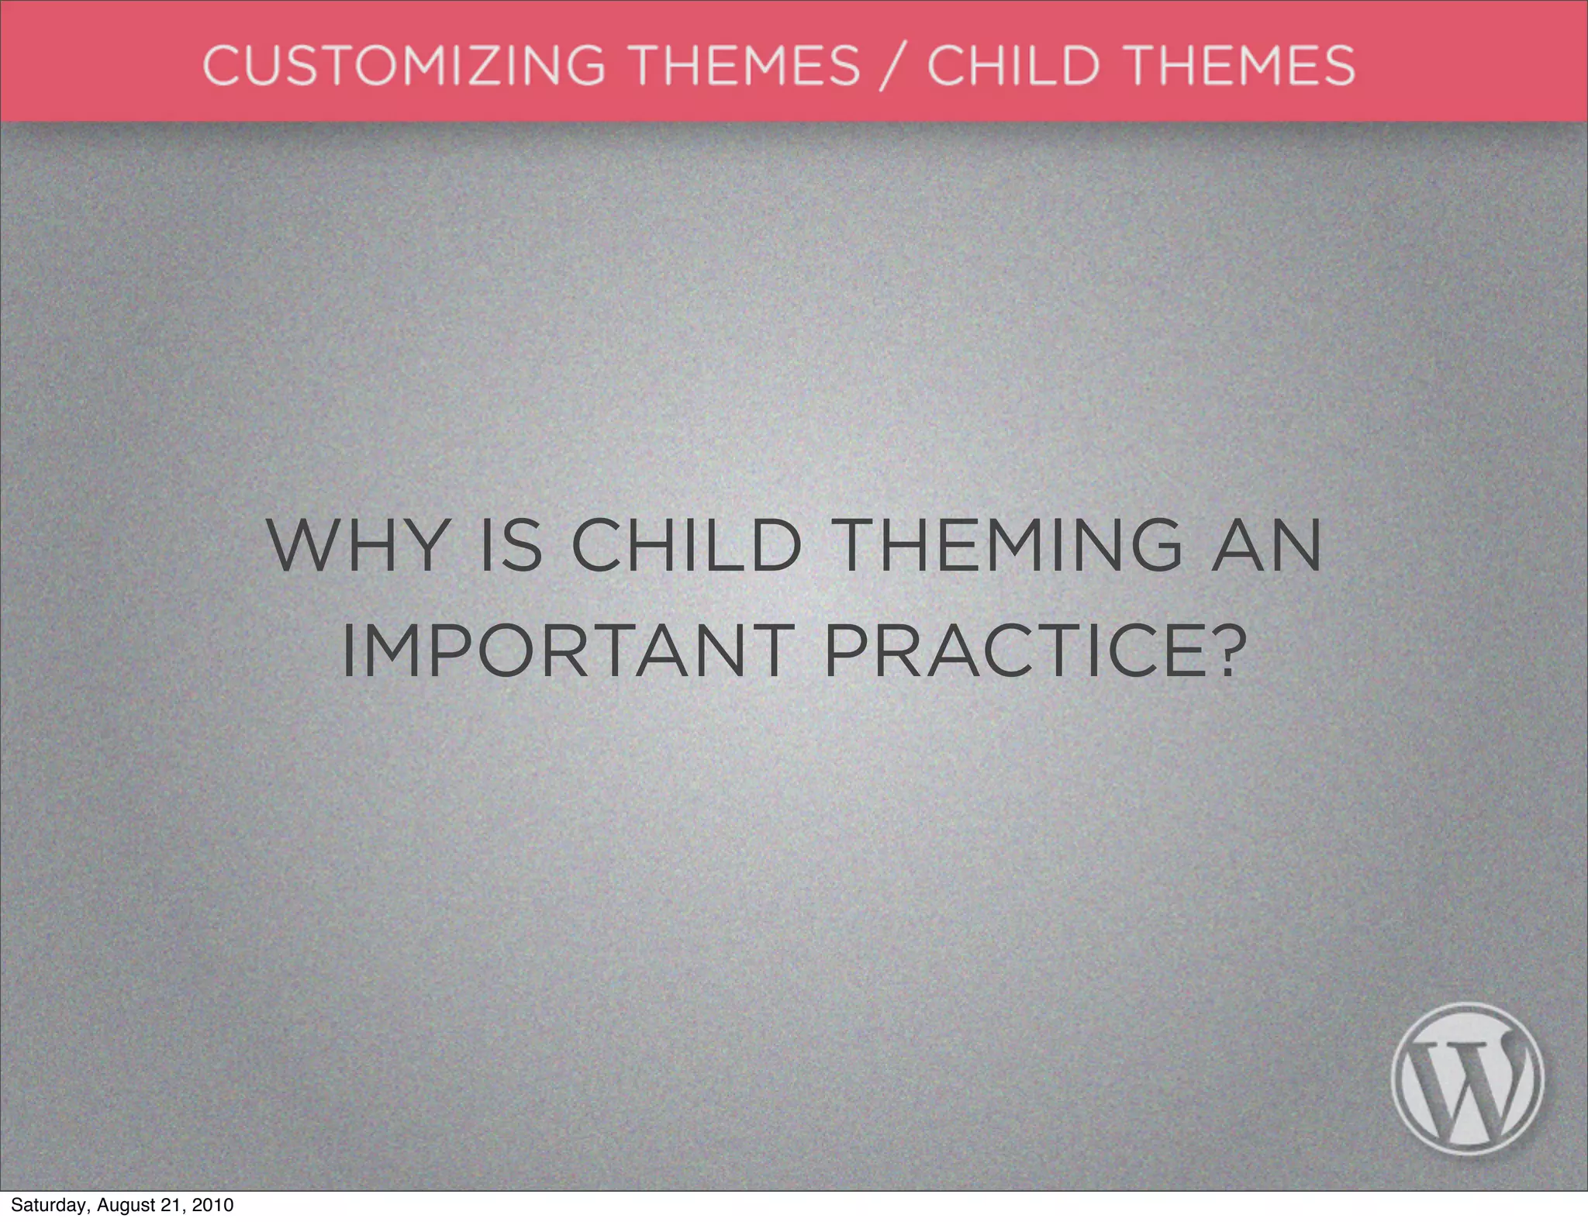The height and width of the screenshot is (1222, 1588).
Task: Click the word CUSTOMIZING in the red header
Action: [x=403, y=64]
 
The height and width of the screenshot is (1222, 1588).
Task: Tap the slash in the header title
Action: [x=893, y=66]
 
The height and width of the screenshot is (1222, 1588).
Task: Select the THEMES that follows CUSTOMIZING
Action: [x=747, y=64]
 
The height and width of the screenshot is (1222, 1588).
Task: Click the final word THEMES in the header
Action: [x=1241, y=64]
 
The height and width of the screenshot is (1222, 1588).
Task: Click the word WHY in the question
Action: [x=357, y=545]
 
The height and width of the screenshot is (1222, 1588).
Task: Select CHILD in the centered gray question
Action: [x=686, y=545]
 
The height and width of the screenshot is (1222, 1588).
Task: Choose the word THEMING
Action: [x=1010, y=545]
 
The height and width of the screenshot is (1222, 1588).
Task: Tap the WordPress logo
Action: [x=1467, y=1079]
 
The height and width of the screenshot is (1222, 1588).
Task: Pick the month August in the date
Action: [x=125, y=1206]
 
